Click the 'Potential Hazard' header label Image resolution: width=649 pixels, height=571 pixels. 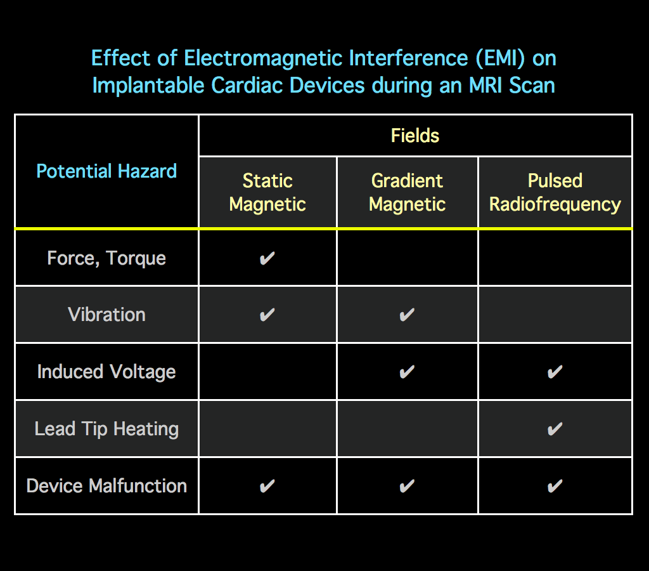point(106,171)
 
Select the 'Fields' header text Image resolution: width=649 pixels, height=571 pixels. point(415,136)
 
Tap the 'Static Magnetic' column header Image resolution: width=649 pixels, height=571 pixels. point(267,192)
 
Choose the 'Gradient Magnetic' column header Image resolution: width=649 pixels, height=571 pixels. point(407,192)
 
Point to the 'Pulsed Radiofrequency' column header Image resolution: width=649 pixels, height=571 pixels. point(555,192)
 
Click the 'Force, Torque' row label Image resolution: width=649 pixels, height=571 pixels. point(106,258)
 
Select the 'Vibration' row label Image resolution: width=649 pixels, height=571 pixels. point(106,315)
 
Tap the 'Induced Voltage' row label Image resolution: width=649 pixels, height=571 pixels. point(106,372)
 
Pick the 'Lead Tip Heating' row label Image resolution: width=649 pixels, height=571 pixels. point(106,429)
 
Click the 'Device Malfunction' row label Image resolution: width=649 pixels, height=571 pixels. point(106,486)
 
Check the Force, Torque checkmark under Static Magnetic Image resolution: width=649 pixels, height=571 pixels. point(267,258)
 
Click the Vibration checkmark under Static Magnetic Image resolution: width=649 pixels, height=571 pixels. point(267,315)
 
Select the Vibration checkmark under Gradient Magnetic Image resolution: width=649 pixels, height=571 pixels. point(407,315)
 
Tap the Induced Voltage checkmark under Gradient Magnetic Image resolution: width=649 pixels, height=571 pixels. point(407,372)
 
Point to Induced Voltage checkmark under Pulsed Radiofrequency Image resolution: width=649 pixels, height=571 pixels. point(555,372)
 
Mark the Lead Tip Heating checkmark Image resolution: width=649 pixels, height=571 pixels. point(555,429)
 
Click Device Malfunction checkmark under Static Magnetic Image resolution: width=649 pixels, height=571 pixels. point(267,486)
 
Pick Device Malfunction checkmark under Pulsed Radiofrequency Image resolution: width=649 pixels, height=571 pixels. point(555,486)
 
